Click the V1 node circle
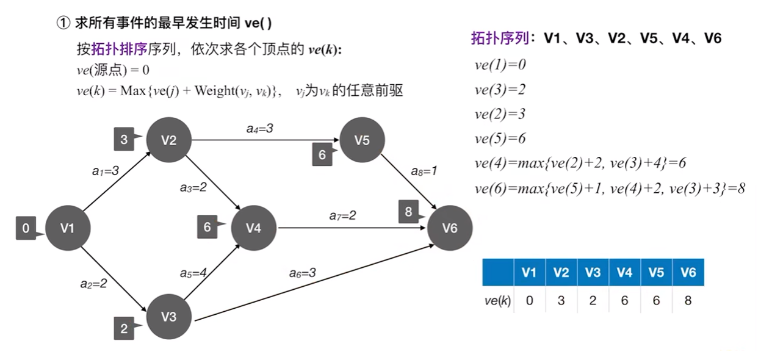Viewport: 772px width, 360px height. pyautogui.click(x=68, y=228)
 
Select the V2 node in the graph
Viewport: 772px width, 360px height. pyautogui.click(x=169, y=140)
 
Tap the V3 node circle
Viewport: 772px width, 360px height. pyautogui.click(x=169, y=317)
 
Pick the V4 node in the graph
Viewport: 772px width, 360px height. pyautogui.click(x=253, y=228)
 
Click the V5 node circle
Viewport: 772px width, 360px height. pyautogui.click(x=363, y=140)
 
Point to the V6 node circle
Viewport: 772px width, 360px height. pyautogui.click(x=450, y=228)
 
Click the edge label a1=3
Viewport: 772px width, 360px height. pyautogui.click(x=106, y=171)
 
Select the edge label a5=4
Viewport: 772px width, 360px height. pyautogui.click(x=193, y=273)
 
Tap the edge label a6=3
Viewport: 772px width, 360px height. pyautogui.click(x=302, y=273)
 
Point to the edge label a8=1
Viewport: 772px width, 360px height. pyautogui.click(x=424, y=171)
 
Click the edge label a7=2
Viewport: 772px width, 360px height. pyautogui.click(x=342, y=215)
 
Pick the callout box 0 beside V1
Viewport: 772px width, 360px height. pyautogui.click(x=26, y=229)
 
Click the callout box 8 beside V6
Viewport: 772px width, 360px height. pyautogui.click(x=409, y=212)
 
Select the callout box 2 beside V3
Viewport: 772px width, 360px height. pyautogui.click(x=124, y=329)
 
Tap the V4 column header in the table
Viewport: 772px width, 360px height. pyautogui.click(x=624, y=273)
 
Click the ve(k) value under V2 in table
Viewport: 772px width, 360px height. pyautogui.click(x=561, y=301)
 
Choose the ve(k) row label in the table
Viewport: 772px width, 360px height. pyautogui.click(x=497, y=301)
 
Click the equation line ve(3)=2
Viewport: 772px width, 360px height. pyautogui.click(x=500, y=90)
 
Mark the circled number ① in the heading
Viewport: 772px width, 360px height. pyautogui.click(x=63, y=23)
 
